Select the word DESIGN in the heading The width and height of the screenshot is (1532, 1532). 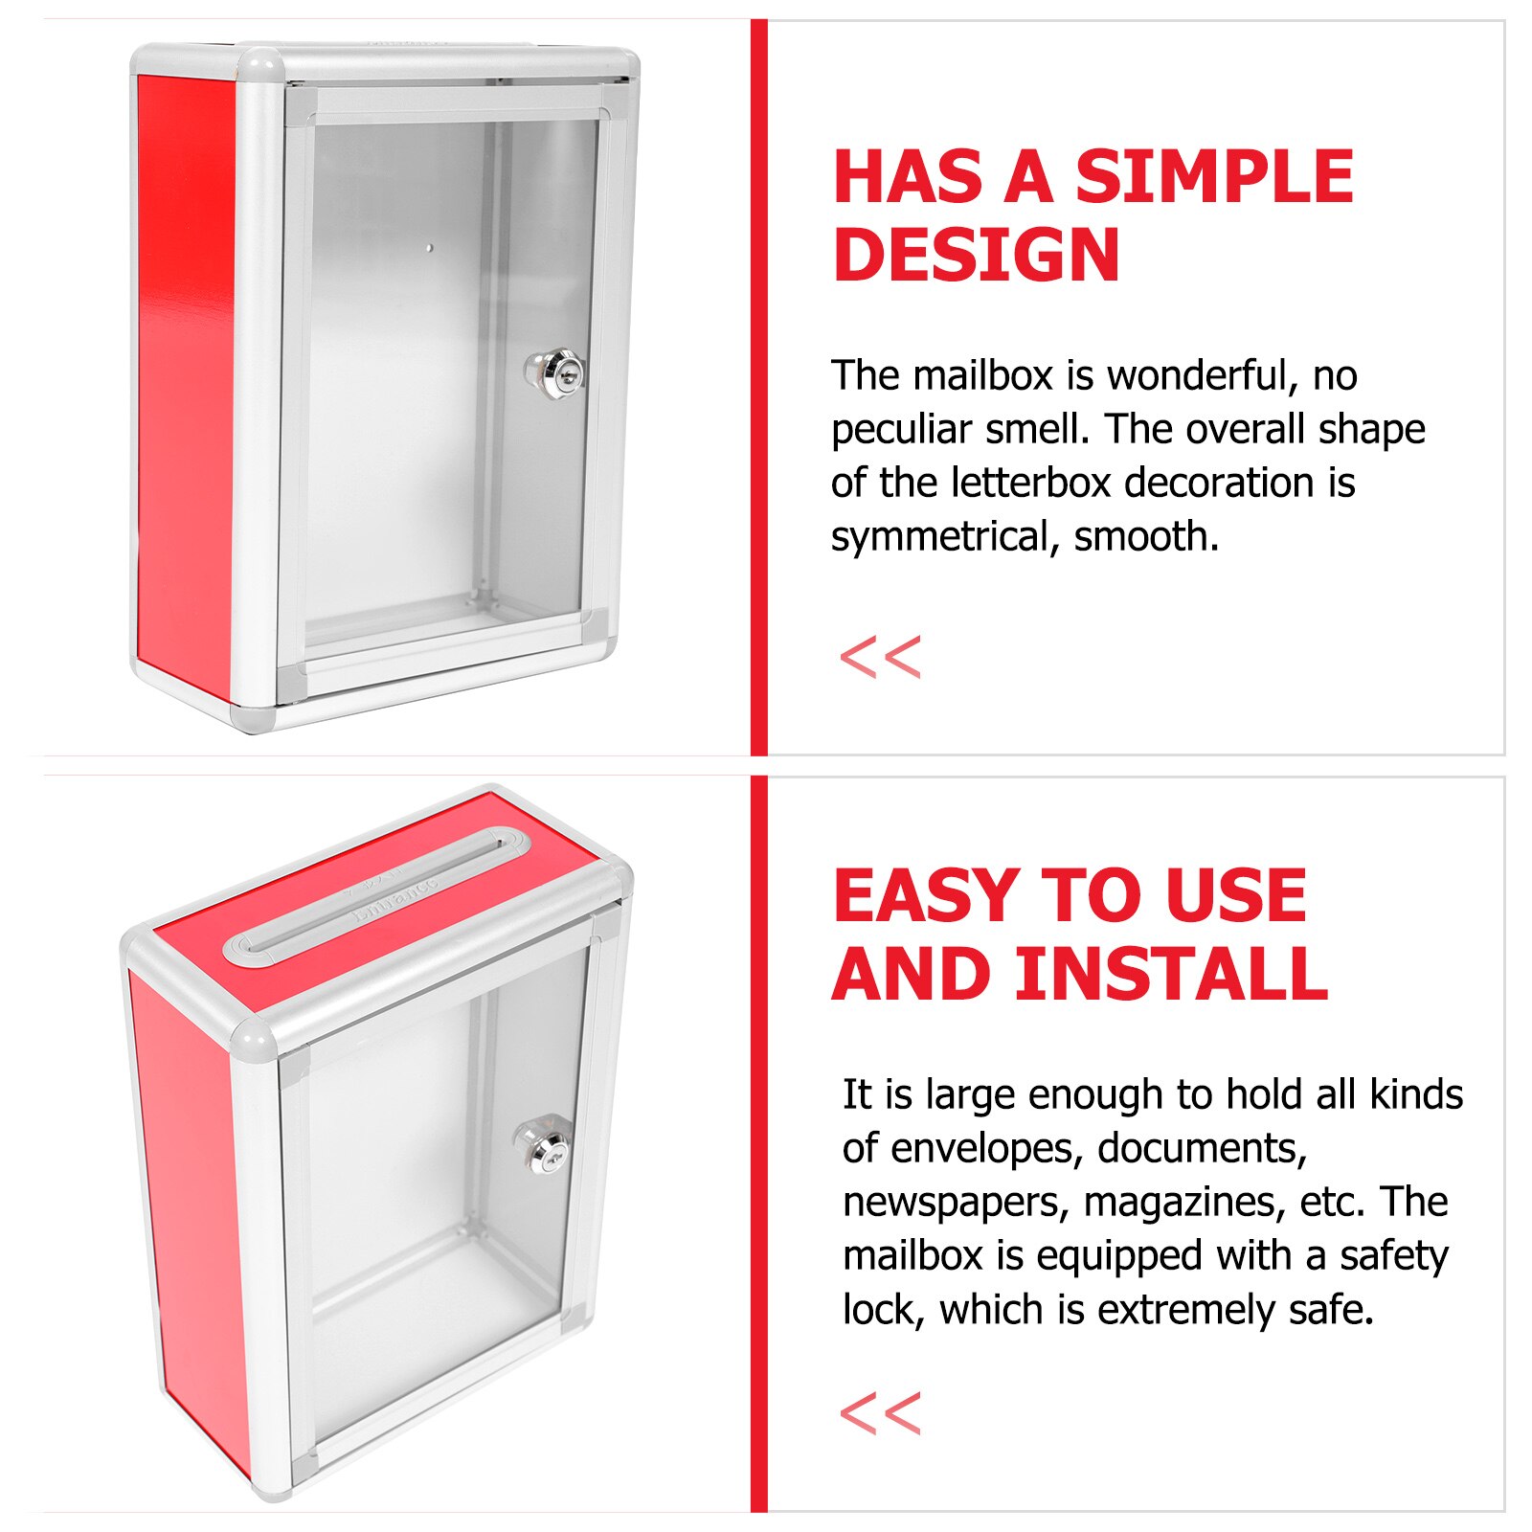[x=977, y=255]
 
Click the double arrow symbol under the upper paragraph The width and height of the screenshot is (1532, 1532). [x=880, y=658]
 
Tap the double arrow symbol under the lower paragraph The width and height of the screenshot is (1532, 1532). [x=880, y=1414]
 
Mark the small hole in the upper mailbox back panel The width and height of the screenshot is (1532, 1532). [x=429, y=248]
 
